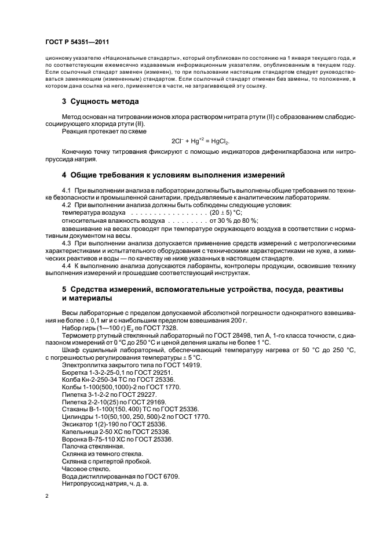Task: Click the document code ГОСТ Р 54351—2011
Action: [77, 42]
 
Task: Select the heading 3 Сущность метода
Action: [100, 102]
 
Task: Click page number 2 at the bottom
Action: [48, 495]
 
